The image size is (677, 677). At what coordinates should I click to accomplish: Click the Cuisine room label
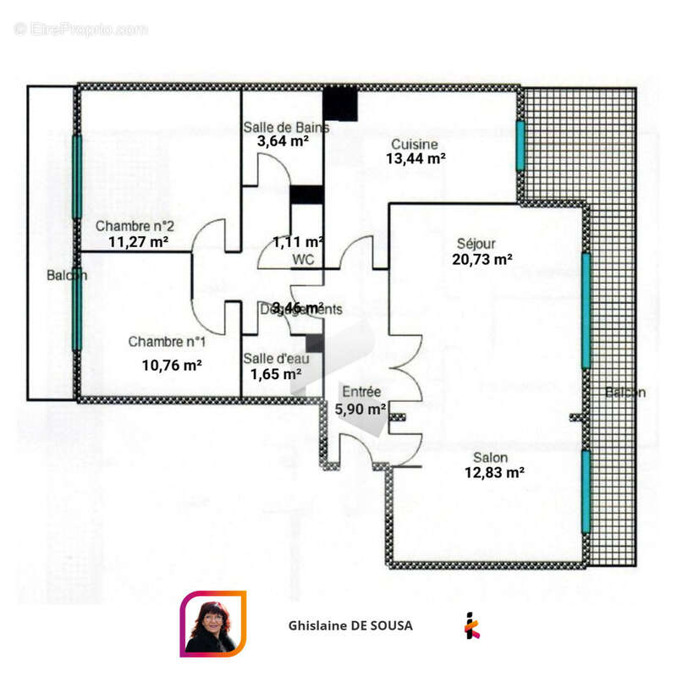click(414, 144)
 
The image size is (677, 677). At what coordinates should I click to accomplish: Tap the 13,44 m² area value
click(416, 158)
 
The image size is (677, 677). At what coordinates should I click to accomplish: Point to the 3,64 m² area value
click(282, 141)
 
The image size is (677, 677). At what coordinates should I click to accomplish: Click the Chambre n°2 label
click(135, 227)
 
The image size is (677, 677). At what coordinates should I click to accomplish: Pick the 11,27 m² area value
click(138, 241)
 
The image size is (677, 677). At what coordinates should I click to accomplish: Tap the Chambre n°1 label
click(166, 342)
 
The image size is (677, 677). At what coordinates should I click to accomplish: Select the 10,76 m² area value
click(171, 366)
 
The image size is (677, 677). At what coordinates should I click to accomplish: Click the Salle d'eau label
click(276, 359)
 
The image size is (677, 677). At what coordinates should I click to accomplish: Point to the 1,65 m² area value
click(276, 373)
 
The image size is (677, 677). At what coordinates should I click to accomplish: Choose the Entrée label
click(361, 393)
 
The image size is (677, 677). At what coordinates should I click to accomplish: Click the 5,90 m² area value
click(361, 408)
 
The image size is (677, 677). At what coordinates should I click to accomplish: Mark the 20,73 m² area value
click(482, 259)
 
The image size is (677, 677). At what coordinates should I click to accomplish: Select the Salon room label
click(491, 458)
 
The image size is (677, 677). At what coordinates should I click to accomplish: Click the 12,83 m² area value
click(493, 473)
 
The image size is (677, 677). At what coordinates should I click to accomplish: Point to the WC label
click(304, 260)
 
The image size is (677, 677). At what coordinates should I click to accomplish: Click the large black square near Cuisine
click(342, 103)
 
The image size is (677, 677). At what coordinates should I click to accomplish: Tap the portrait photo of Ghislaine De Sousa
click(212, 625)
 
